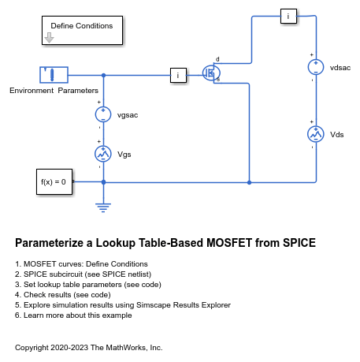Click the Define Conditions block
[81, 30]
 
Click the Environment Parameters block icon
[53, 76]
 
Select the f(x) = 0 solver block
[54, 181]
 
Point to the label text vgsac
[128, 115]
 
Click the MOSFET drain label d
[217, 59]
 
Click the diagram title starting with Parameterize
[165, 243]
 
